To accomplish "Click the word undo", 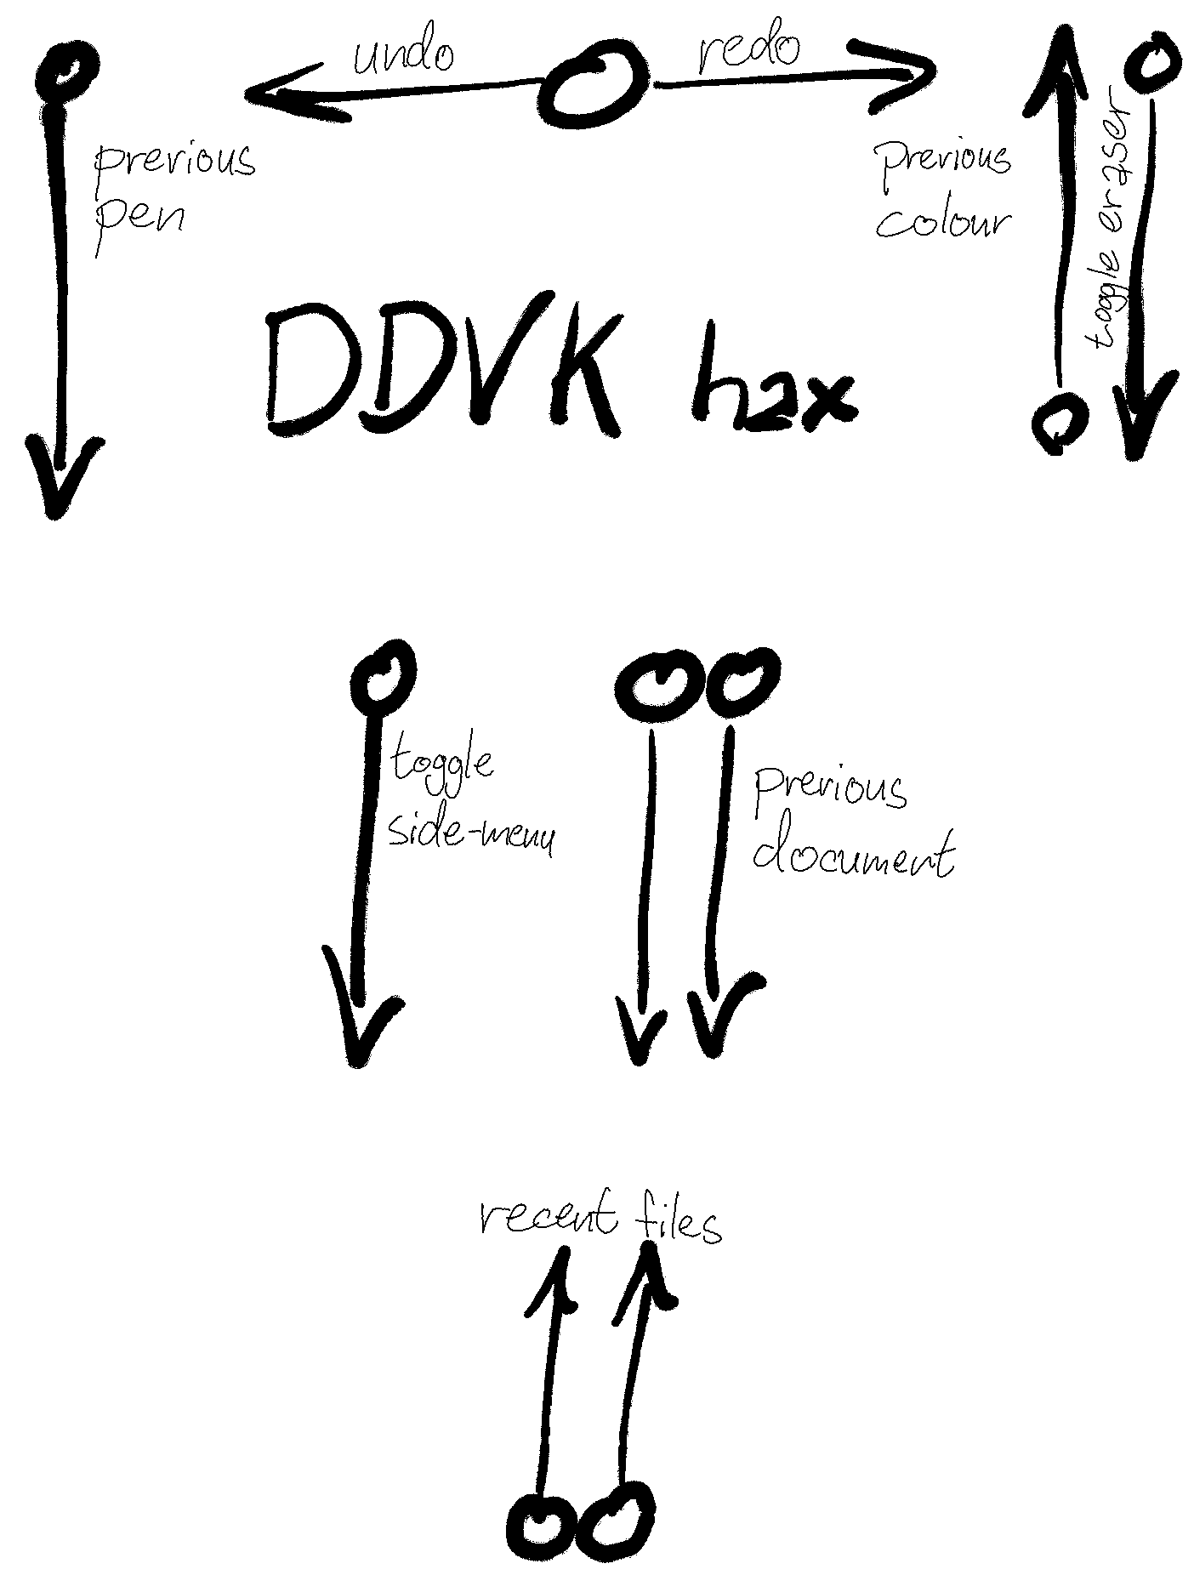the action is click(404, 55).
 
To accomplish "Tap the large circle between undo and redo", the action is click(594, 86).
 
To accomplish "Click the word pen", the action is click(140, 220).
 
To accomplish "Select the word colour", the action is click(944, 221).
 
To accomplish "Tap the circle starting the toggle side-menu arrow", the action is click(384, 676).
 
